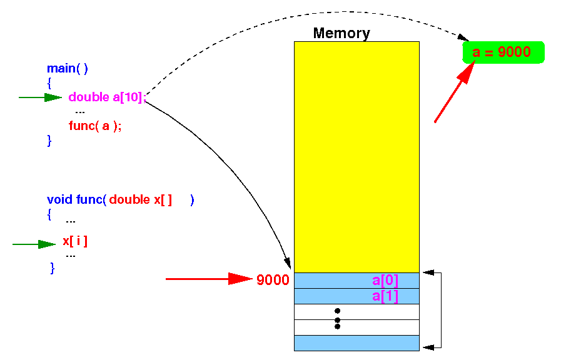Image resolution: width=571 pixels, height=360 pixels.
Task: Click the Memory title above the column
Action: tap(341, 33)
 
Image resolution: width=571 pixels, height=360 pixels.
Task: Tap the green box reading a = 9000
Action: tap(503, 52)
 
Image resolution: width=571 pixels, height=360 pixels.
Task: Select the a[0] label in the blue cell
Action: tap(385, 280)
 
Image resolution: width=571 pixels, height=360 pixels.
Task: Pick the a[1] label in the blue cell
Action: tap(385, 296)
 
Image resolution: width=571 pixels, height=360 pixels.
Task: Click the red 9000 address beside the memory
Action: tap(273, 279)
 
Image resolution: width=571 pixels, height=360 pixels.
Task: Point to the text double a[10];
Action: tap(107, 97)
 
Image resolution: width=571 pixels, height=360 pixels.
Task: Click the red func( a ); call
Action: tap(95, 126)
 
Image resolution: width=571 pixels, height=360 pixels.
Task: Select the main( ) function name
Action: tap(68, 68)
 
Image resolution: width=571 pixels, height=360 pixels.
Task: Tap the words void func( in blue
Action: tap(76, 199)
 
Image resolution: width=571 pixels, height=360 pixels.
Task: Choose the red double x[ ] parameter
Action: tap(141, 199)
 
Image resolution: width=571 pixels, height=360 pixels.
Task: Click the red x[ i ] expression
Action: tap(75, 241)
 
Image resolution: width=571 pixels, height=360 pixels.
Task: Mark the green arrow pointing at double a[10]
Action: tap(41, 97)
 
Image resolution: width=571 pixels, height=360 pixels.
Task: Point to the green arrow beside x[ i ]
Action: tap(34, 244)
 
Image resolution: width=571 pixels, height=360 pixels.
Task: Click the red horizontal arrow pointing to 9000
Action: tap(209, 279)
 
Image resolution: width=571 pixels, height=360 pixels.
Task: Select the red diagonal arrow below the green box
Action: tap(455, 92)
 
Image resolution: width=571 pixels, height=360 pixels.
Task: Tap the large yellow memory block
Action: tap(356, 157)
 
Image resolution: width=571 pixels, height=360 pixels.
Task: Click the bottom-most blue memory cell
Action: tap(356, 343)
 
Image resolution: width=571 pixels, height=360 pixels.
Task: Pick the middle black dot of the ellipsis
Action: tap(337, 320)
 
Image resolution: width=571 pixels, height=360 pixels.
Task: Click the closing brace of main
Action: tap(49, 141)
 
